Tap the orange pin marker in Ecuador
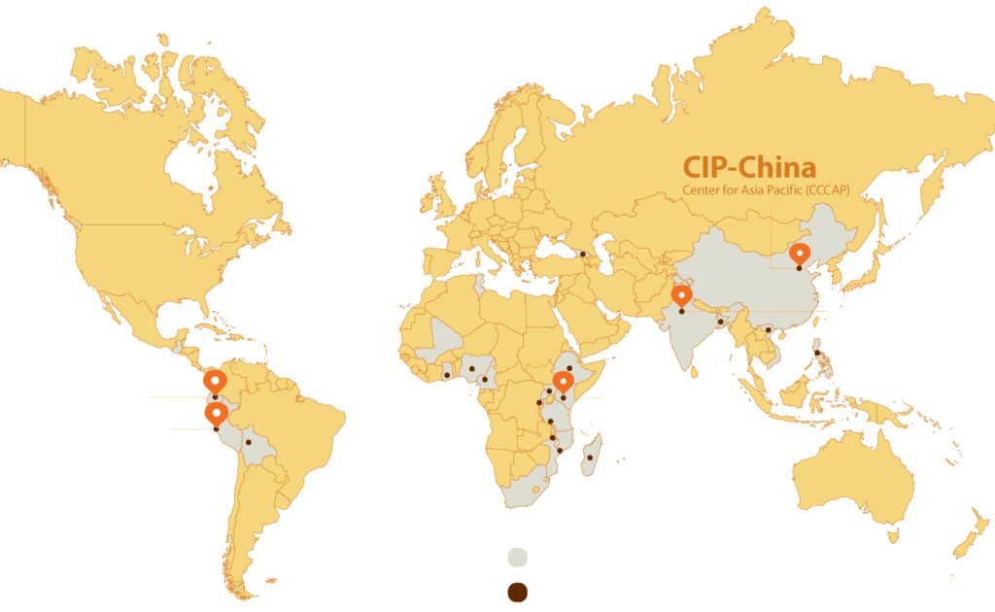coord(215,380)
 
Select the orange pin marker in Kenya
coord(562,381)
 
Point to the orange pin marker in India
coord(682,295)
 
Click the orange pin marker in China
coord(799,254)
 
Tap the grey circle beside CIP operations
coord(518,558)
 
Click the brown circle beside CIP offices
coord(518,592)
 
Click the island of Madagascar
coord(592,456)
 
